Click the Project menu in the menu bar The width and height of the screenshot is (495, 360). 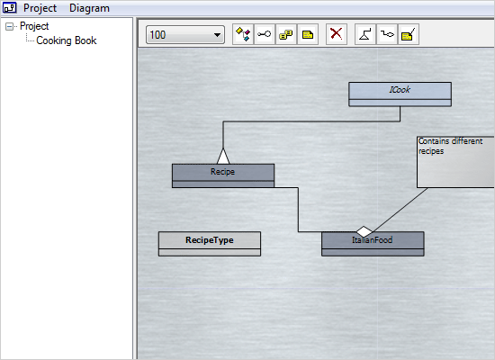(40, 8)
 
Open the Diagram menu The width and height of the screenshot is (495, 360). (89, 8)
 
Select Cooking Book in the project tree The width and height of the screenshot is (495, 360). (67, 40)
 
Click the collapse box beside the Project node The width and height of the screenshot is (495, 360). (9, 27)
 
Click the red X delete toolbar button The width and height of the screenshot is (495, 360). (337, 34)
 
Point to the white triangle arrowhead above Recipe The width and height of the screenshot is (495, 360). (223, 156)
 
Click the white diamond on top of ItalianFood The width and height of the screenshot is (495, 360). (364, 231)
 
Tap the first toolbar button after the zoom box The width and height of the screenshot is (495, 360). (241, 34)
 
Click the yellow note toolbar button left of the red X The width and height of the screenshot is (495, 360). (308, 34)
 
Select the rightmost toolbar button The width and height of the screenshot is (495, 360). (409, 34)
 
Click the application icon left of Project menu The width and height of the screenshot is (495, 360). (10, 8)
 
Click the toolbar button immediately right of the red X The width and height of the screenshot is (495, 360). (365, 34)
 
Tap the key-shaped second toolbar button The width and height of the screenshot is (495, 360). (264, 34)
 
